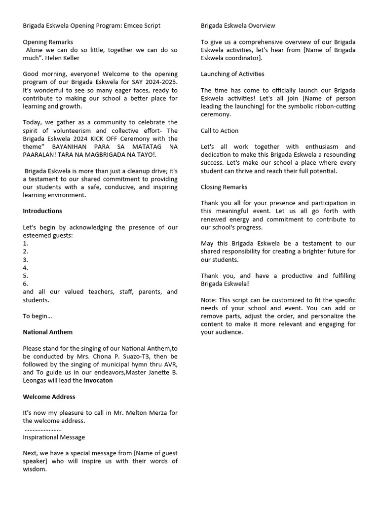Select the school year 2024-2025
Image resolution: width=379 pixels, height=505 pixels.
159,82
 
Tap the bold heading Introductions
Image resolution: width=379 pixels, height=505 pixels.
42,211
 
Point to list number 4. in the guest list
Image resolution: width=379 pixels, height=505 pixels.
26,268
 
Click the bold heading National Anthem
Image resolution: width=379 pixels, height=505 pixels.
48,332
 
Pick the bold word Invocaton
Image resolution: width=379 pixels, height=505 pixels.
98,381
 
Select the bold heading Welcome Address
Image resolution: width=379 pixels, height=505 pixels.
49,397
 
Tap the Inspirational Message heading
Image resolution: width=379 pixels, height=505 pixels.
54,437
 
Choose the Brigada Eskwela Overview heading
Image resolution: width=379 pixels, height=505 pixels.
238,26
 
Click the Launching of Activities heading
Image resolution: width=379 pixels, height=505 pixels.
232,74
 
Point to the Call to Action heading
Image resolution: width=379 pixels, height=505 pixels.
220,131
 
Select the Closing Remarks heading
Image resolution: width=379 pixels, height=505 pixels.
224,187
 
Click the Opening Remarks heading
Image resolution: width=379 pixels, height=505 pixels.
48,42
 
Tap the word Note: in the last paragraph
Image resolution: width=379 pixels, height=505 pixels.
209,300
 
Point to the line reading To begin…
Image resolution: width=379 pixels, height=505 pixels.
38,316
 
